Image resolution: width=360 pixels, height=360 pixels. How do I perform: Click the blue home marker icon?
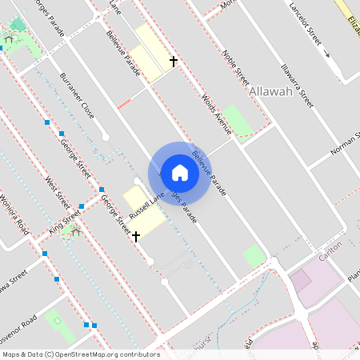click(x=180, y=173)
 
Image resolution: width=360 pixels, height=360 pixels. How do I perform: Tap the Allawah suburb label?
click(x=270, y=92)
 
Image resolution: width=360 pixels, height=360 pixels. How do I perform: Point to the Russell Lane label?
click(x=146, y=205)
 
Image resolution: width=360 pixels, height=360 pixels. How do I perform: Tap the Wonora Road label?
click(x=14, y=210)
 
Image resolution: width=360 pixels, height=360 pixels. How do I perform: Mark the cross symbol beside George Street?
click(x=136, y=236)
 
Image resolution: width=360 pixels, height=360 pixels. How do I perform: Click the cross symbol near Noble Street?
click(x=173, y=61)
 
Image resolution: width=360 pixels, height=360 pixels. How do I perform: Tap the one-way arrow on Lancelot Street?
click(x=326, y=54)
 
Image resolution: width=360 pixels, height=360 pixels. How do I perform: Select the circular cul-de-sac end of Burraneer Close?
click(x=106, y=137)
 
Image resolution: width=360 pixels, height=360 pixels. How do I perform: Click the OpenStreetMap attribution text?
click(x=80, y=354)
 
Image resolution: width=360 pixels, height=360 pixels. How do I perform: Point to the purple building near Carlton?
click(x=301, y=281)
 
